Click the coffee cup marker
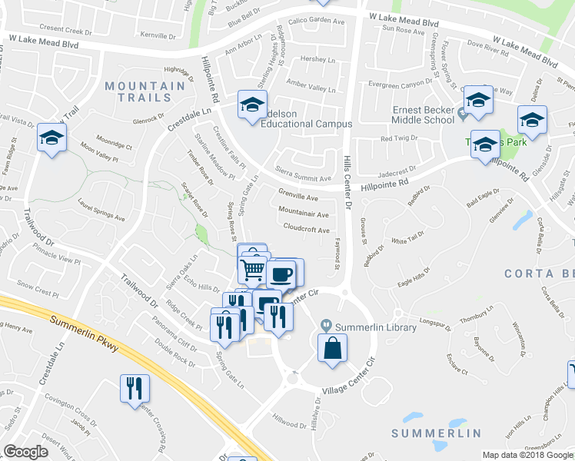tap(281, 273)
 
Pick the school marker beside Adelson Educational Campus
tap(251, 105)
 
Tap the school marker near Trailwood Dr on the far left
tap(52, 138)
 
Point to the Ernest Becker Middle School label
tap(423, 114)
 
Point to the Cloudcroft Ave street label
tap(306, 230)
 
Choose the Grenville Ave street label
tap(297, 197)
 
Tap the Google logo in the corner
tap(26, 452)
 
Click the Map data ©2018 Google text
tap(527, 455)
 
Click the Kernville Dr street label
tap(159, 35)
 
